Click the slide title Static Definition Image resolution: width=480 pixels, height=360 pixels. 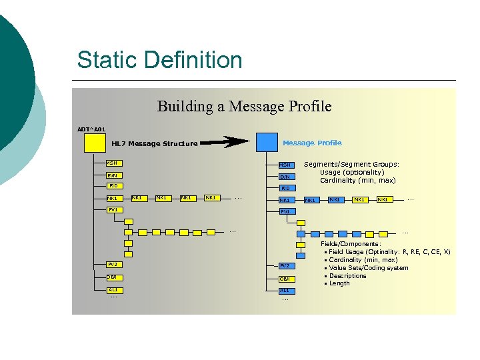159,60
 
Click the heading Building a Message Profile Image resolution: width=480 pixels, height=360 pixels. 244,107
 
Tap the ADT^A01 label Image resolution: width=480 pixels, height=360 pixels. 91,129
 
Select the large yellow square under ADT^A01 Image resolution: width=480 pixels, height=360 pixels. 95,143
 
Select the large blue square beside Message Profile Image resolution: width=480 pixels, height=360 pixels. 267,142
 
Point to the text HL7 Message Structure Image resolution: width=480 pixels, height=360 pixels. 154,143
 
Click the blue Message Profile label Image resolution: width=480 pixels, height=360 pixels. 312,143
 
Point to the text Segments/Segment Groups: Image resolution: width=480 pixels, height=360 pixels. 351,164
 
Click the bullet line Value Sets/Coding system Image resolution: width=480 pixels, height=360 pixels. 368,268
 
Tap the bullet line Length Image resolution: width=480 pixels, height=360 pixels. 339,283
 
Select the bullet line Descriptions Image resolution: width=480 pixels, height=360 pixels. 347,275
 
